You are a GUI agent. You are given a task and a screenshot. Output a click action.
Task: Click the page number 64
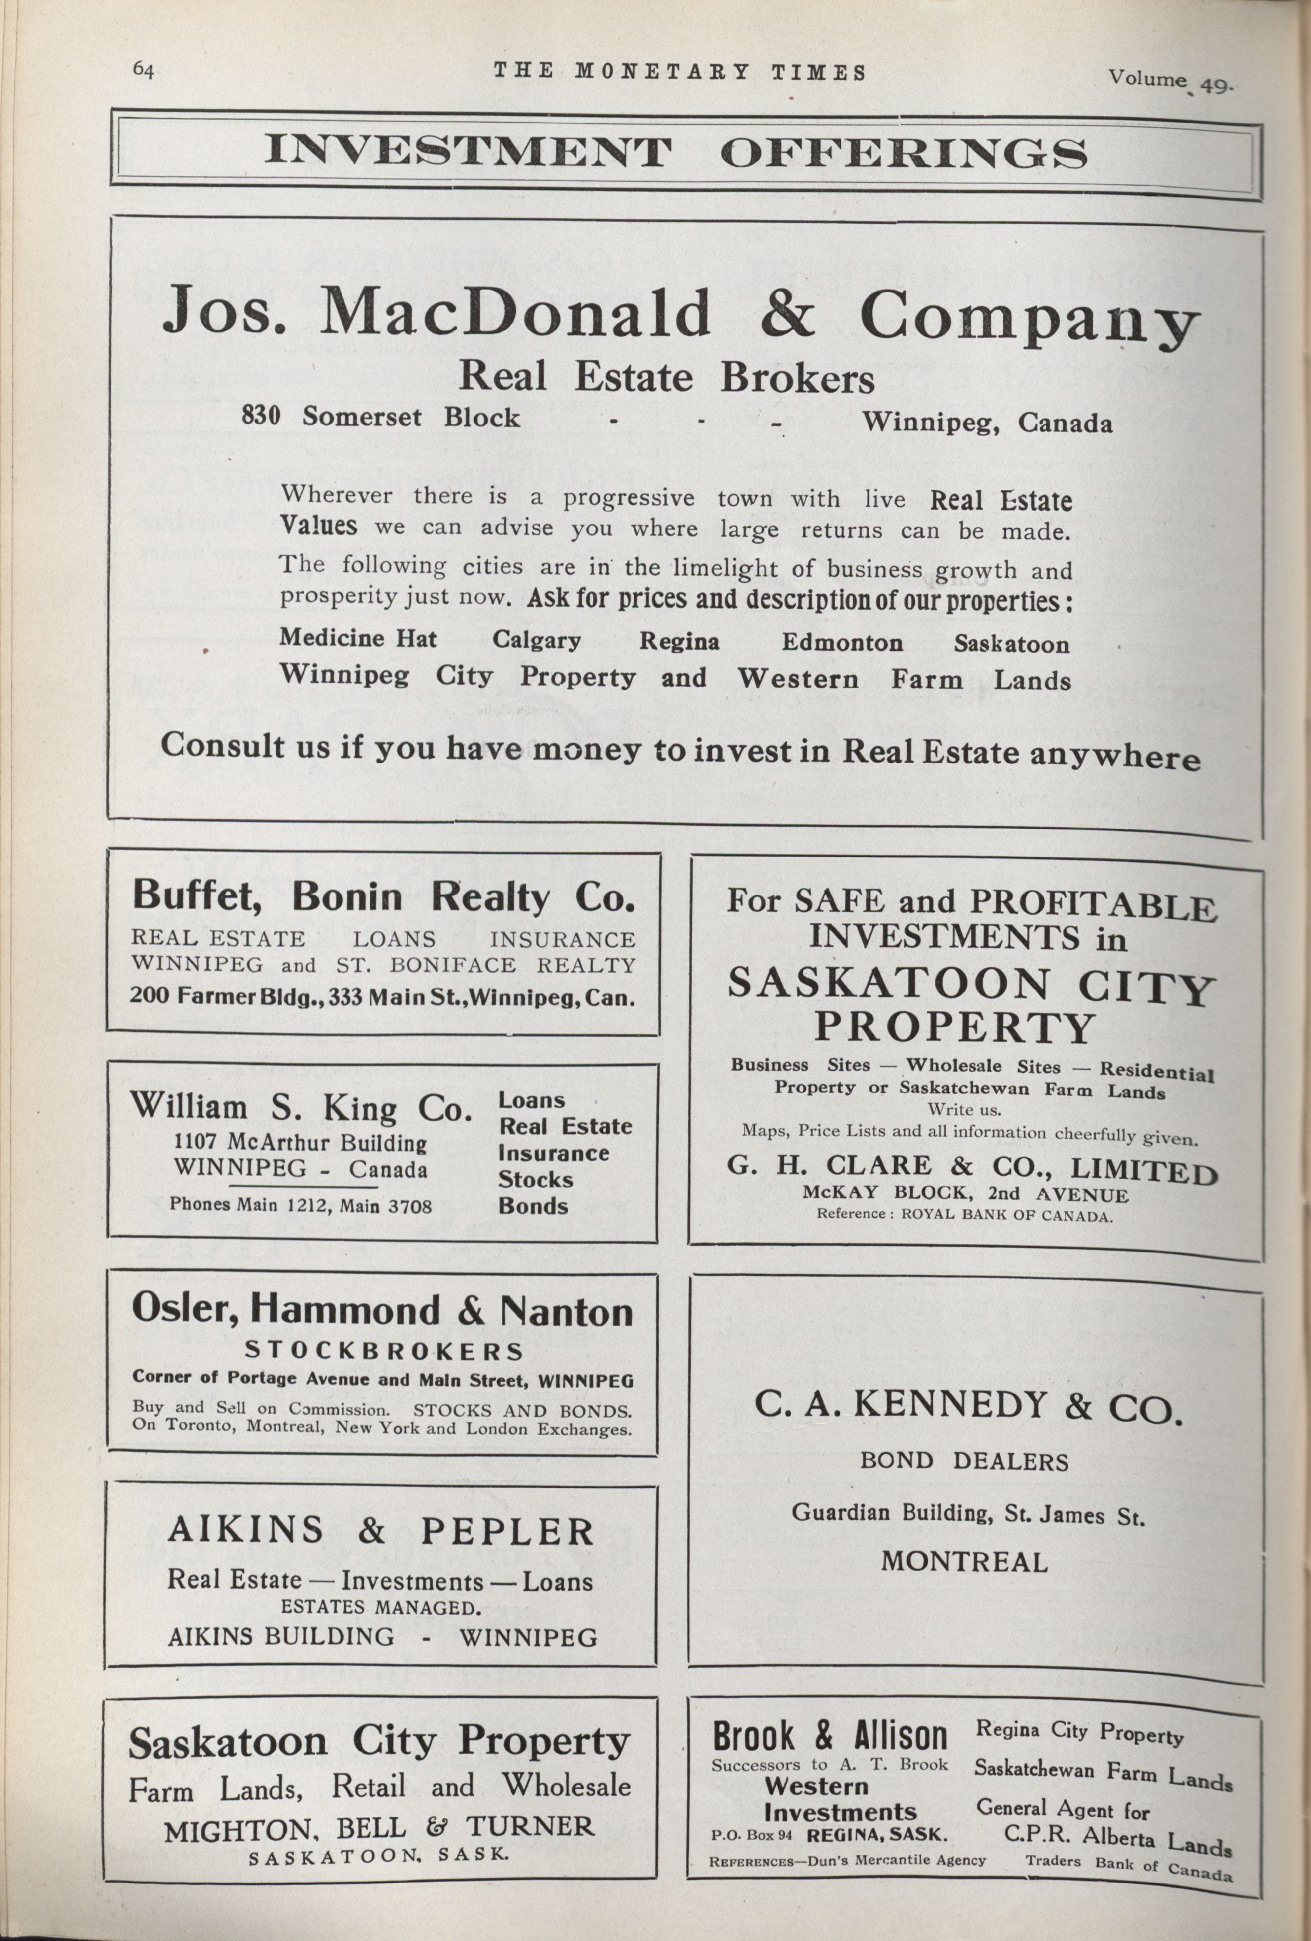(x=143, y=70)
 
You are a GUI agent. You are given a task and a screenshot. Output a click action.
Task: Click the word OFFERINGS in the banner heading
(x=904, y=153)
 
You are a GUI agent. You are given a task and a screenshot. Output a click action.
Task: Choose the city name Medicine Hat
(x=357, y=638)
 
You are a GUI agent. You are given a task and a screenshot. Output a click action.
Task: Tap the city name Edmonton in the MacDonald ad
(x=842, y=642)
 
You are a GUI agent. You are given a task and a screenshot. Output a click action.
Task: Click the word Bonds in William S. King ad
(x=533, y=1205)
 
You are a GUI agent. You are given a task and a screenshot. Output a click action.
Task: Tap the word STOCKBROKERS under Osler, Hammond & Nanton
(x=384, y=1351)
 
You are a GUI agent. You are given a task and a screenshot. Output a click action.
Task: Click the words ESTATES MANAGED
(x=380, y=1607)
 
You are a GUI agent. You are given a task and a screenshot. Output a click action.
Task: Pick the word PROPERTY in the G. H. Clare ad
(x=954, y=1027)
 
